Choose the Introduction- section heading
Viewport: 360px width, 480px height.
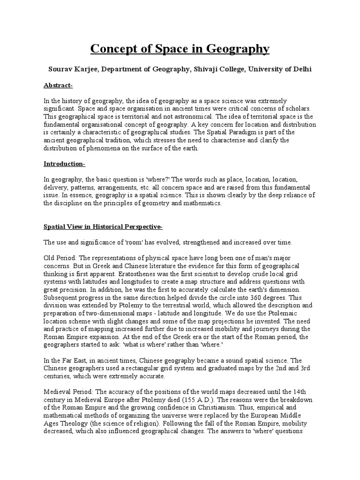64,164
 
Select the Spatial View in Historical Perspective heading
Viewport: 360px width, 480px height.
103,227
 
